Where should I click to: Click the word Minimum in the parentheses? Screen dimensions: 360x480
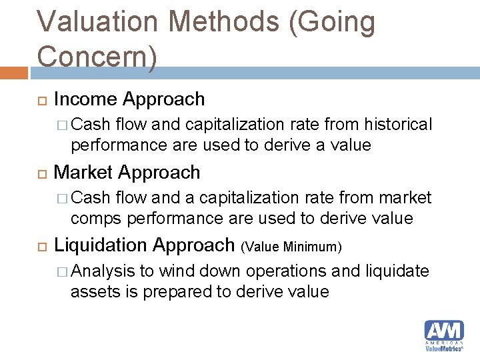click(312, 247)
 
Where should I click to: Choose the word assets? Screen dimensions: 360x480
click(93, 291)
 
